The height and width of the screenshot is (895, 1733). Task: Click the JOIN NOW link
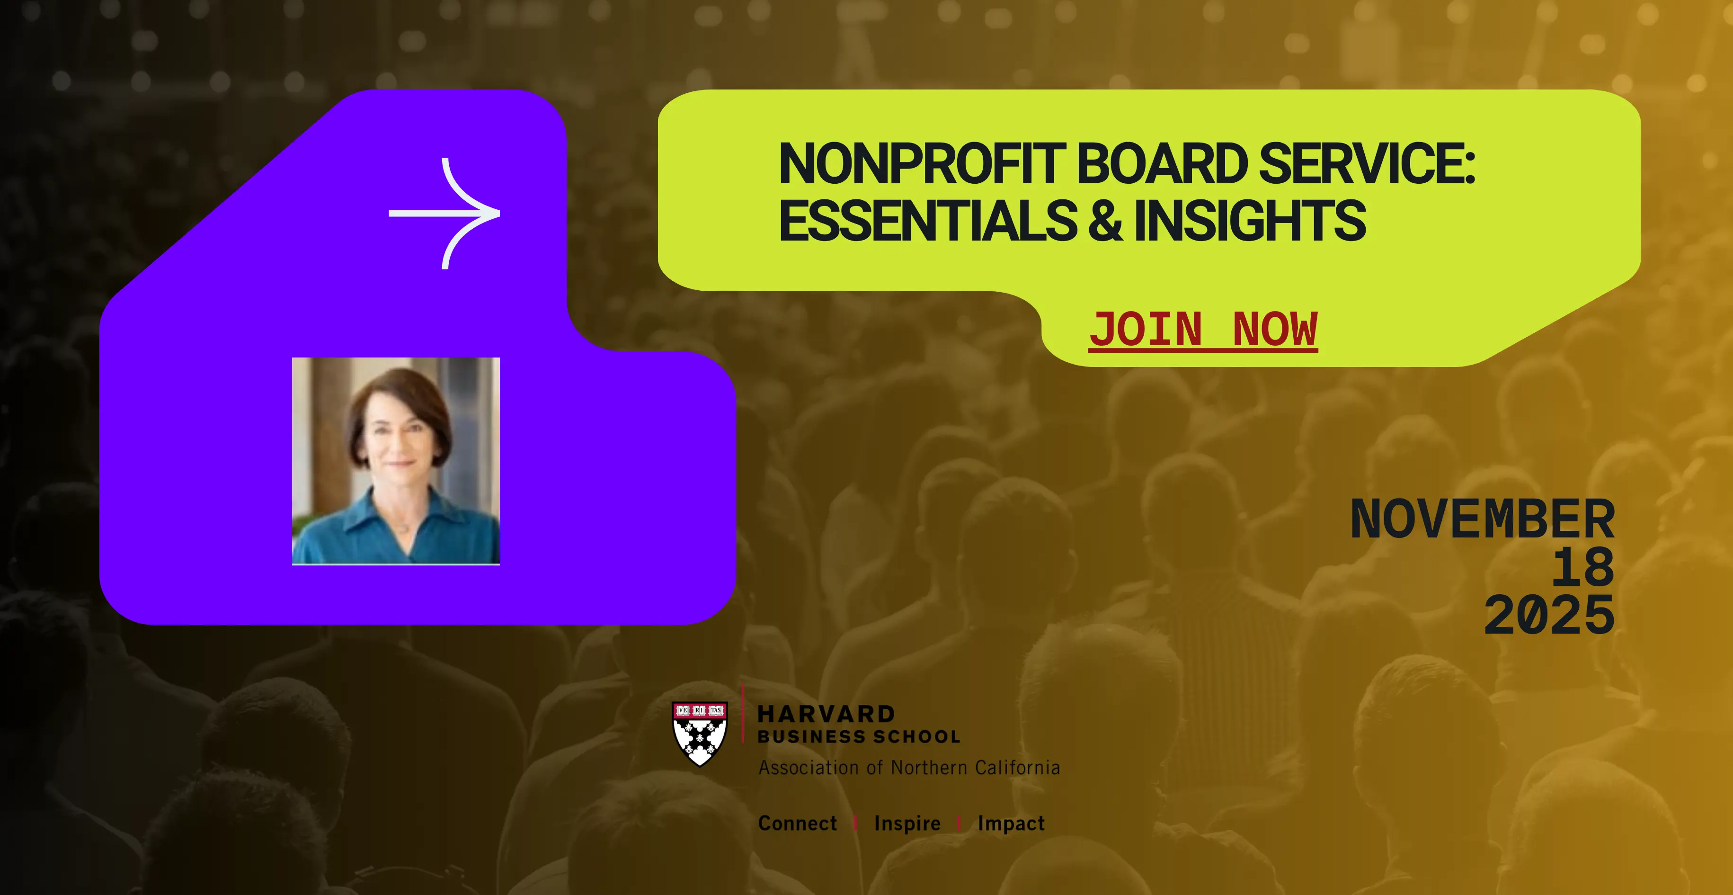coord(1203,330)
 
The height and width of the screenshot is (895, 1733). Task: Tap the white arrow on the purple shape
coord(444,213)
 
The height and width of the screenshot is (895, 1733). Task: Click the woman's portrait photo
coord(396,461)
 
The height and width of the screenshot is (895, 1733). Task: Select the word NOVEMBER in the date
coord(1482,519)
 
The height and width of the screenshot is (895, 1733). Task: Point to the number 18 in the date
coord(1582,567)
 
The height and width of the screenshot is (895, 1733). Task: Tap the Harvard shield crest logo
coord(700,734)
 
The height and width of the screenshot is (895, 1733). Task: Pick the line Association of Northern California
coord(909,768)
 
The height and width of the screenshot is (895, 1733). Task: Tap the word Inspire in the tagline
coord(907,823)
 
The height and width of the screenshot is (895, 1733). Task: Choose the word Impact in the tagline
coord(1011,823)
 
